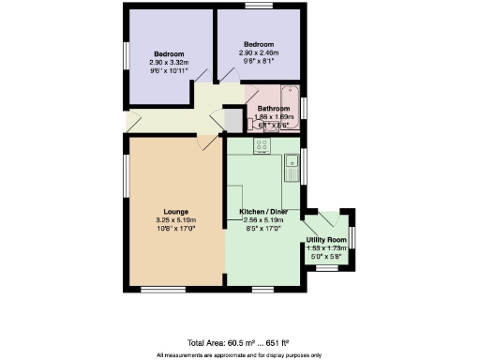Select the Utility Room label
[x=326, y=240]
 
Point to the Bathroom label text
[x=274, y=108]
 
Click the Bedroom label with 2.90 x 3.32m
[x=169, y=53]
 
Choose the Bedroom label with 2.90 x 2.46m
[x=259, y=45]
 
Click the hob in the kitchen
[x=262, y=145]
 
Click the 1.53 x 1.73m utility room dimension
[x=326, y=247]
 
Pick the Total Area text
[x=240, y=343]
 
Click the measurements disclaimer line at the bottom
[x=240, y=354]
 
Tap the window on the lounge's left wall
[x=127, y=172]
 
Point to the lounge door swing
[x=203, y=142]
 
